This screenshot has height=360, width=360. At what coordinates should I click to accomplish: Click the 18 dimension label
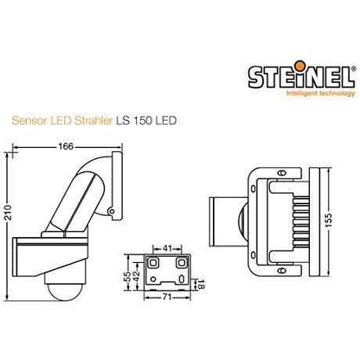tap(202, 285)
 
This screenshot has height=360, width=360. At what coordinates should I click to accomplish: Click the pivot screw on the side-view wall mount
tap(115, 210)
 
